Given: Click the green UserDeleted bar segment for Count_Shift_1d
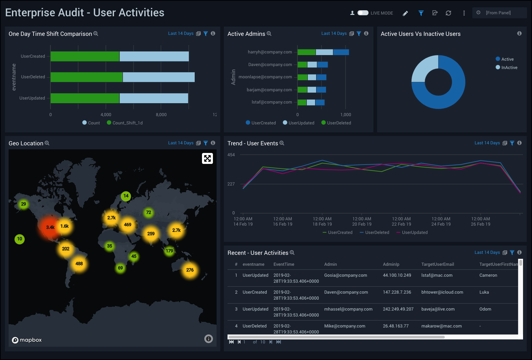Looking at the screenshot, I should [86, 77].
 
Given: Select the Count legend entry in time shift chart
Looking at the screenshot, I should [91, 123].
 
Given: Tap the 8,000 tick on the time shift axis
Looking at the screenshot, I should [161, 115].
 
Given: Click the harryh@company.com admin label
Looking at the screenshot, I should [270, 52].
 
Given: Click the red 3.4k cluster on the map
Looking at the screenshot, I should [50, 227].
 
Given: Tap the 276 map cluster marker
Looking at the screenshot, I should [190, 270].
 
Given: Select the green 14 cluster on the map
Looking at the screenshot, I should [126, 196].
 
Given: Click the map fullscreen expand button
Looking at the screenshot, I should [207, 159].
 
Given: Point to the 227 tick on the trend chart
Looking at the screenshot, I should [231, 184].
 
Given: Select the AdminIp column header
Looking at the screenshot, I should [391, 264].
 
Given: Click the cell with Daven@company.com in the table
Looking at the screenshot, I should [346, 292].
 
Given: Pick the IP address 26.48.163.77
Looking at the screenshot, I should [396, 326].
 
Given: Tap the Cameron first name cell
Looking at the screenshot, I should [488, 275].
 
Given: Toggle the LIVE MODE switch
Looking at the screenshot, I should [363, 13].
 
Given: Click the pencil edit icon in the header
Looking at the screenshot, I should [405, 13].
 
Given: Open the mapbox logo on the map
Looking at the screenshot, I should [27, 340].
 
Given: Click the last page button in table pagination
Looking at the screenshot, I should [279, 342].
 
